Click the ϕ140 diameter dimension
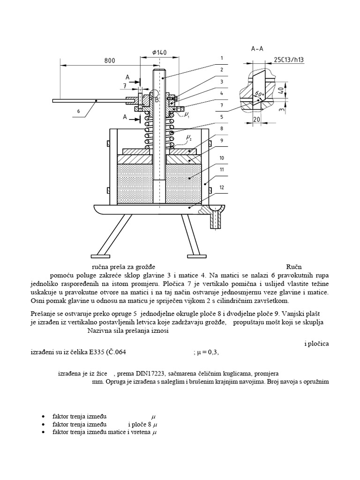[159, 52]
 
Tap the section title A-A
[257, 48]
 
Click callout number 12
[221, 187]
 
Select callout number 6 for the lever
[80, 112]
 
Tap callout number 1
[221, 59]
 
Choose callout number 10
[221, 157]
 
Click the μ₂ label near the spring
[189, 137]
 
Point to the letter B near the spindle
[157, 99]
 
